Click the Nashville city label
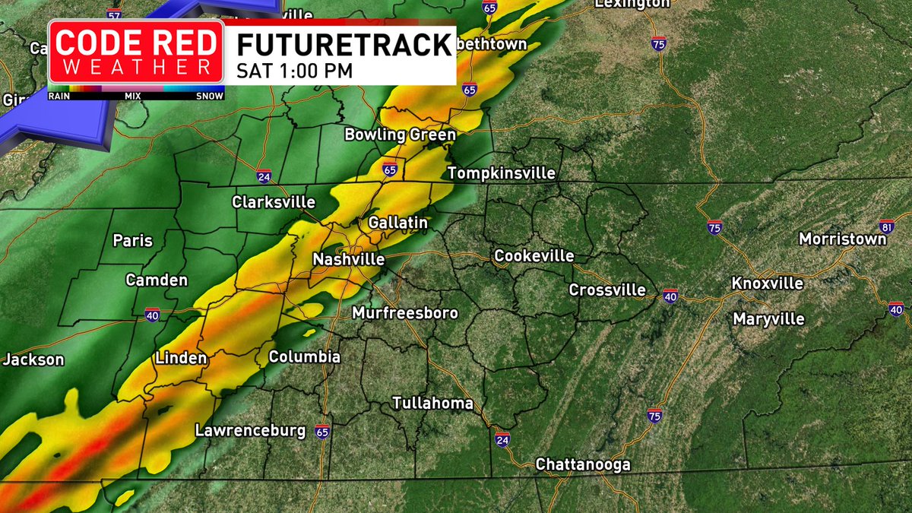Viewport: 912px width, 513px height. point(348,259)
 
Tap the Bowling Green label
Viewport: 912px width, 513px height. point(400,135)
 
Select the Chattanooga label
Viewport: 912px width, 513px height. point(583,464)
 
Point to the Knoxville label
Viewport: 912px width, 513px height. point(767,283)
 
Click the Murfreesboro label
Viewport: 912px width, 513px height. point(404,313)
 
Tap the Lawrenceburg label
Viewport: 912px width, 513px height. point(250,430)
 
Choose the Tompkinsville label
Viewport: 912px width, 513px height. point(502,173)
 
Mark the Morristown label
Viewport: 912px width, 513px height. point(842,239)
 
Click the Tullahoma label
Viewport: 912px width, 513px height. point(432,403)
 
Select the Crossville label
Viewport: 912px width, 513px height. point(607,290)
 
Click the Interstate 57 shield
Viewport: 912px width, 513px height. point(114,14)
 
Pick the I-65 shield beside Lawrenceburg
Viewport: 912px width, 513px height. point(322,430)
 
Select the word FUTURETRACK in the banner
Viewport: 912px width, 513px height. point(344,45)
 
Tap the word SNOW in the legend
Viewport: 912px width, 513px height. point(210,97)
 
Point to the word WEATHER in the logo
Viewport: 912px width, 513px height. point(136,67)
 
